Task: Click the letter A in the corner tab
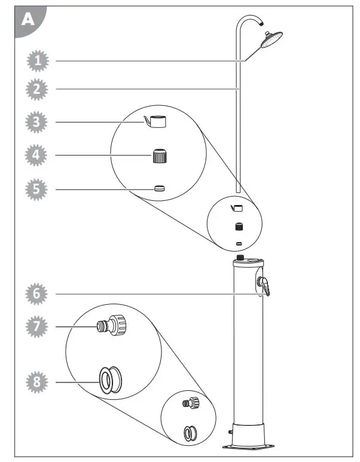28,20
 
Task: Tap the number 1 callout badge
37,60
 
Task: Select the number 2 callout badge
37,90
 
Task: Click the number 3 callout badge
37,122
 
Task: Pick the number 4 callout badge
37,156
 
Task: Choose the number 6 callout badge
37,294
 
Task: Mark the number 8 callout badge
37,381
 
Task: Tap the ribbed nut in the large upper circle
158,157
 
